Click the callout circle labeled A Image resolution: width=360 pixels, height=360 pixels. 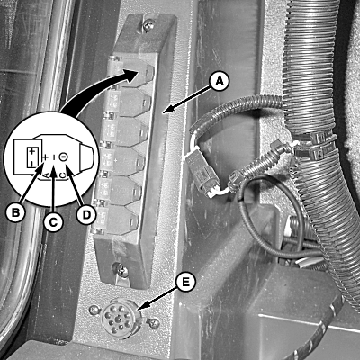pyautogui.click(x=220, y=82)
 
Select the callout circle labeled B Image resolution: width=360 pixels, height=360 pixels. pyautogui.click(x=15, y=212)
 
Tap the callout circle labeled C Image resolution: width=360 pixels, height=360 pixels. pyautogui.click(x=53, y=222)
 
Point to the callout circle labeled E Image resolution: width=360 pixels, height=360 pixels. pyautogui.click(x=185, y=282)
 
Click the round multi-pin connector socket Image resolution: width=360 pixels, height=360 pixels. pyautogui.click(x=119, y=319)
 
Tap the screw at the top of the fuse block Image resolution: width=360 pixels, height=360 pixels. pyautogui.click(x=148, y=25)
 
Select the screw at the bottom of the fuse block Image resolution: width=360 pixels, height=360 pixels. pyautogui.click(x=121, y=272)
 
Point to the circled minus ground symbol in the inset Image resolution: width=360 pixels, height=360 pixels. pyautogui.click(x=63, y=157)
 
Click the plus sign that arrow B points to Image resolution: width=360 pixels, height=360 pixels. pyautogui.click(x=45, y=157)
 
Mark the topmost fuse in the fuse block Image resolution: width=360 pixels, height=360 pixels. pyautogui.click(x=132, y=72)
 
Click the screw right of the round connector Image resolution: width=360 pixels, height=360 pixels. pyautogui.click(x=154, y=323)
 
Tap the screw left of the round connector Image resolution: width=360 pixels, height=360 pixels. pyautogui.click(x=94, y=309)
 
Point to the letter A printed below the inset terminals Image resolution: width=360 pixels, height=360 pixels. pyautogui.click(x=45, y=175)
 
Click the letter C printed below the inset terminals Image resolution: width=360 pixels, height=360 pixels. pyautogui.click(x=61, y=175)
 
